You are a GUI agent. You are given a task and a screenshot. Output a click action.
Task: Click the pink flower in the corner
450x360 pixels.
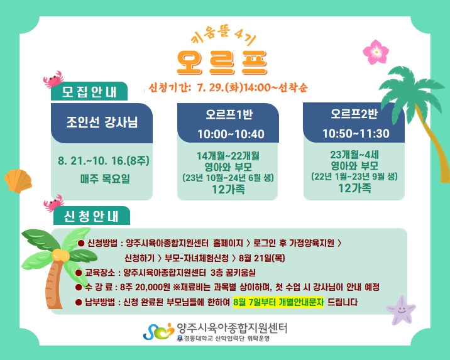click(x=376, y=52)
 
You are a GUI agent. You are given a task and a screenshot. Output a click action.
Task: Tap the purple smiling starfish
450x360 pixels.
click(x=401, y=310)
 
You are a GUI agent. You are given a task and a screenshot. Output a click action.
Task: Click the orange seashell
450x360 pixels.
click(x=18, y=181)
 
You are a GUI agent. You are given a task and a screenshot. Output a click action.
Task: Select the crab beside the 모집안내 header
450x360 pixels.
click(x=53, y=79)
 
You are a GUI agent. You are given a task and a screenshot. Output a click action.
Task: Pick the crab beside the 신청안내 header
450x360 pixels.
click(x=53, y=203)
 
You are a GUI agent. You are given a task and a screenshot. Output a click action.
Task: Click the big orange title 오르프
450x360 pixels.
click(x=222, y=63)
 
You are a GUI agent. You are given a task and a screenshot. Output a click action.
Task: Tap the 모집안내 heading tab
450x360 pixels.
click(x=89, y=92)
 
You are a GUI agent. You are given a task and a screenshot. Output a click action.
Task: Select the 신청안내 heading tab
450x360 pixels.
click(x=91, y=216)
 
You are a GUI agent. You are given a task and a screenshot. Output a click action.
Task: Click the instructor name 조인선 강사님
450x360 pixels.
click(x=102, y=122)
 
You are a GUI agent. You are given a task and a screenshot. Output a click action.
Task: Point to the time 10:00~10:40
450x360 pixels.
click(x=231, y=134)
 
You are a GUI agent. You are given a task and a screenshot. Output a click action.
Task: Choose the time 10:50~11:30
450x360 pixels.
click(x=356, y=133)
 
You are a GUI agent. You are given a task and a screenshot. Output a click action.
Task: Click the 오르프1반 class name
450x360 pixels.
click(x=229, y=114)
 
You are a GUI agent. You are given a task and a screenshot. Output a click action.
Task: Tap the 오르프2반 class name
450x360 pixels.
click(x=354, y=114)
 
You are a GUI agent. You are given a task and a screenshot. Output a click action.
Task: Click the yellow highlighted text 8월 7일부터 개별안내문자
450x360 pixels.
click(x=278, y=302)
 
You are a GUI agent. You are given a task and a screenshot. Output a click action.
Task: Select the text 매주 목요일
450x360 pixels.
click(x=105, y=178)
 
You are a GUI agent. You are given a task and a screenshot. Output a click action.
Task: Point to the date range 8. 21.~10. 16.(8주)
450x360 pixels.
click(x=104, y=161)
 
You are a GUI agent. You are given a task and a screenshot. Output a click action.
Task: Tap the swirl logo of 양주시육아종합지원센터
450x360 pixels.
click(x=159, y=331)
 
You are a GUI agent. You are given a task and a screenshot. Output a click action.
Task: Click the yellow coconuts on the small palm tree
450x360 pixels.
click(x=60, y=254)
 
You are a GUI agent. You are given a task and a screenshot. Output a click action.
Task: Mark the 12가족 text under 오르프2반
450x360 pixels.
click(x=354, y=188)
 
